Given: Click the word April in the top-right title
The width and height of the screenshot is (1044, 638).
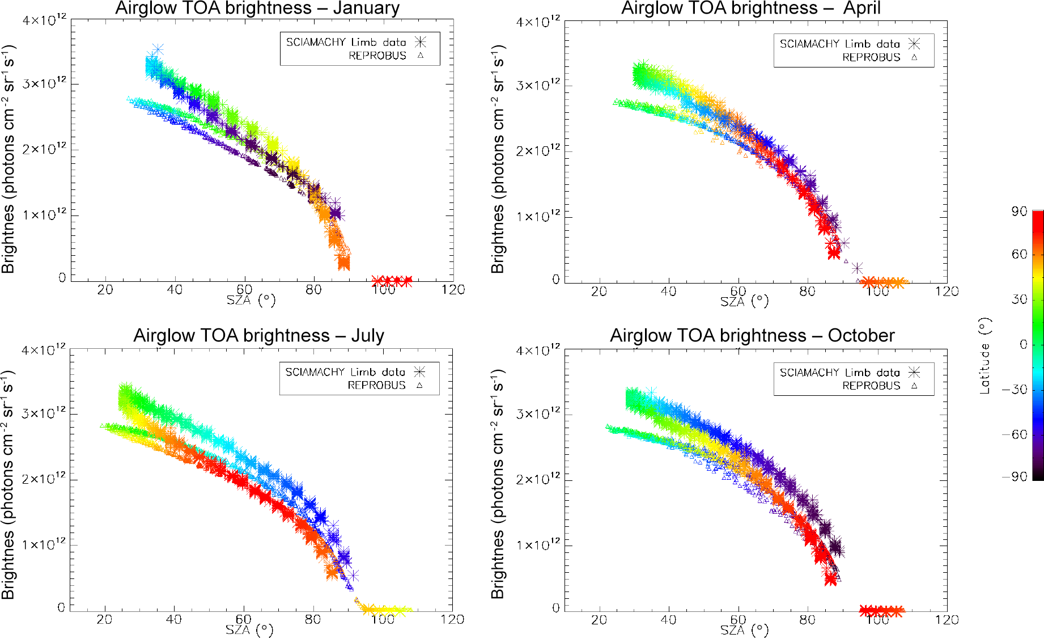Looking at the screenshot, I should pyautogui.click(x=861, y=9).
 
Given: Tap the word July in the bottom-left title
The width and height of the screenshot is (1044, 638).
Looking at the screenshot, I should pyautogui.click(x=367, y=336).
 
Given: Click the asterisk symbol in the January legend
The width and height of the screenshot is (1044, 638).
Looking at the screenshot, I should pyautogui.click(x=420, y=42).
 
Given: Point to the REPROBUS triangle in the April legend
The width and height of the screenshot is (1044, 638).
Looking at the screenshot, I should pyautogui.click(x=914, y=57).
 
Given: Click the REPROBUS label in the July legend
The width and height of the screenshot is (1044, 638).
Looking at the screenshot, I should pyautogui.click(x=376, y=386).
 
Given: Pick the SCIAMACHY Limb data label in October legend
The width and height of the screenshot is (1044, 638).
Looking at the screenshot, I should pyautogui.click(x=839, y=373).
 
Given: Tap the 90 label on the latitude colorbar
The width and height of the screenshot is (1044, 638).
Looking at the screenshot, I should pyautogui.click(x=1019, y=212).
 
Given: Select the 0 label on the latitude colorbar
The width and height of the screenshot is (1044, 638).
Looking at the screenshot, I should pyautogui.click(x=1023, y=344).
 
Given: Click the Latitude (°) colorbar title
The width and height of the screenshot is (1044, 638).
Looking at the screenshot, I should pyautogui.click(x=985, y=356).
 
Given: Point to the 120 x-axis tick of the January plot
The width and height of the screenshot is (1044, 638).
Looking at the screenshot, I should pyautogui.click(x=453, y=290).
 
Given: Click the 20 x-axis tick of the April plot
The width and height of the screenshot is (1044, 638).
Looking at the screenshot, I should pyautogui.click(x=599, y=291).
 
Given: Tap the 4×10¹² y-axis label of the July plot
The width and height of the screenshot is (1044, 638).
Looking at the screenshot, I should pyautogui.click(x=44, y=350).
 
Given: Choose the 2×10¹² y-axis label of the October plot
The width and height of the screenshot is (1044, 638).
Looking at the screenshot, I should pyautogui.click(x=537, y=479).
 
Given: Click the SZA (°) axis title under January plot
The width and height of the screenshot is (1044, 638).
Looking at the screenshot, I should pyautogui.click(x=251, y=300).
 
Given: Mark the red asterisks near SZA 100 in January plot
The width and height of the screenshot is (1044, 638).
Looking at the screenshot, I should pyautogui.click(x=392, y=280).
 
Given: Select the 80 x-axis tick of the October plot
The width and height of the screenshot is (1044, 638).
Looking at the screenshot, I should pyautogui.click(x=807, y=620).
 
